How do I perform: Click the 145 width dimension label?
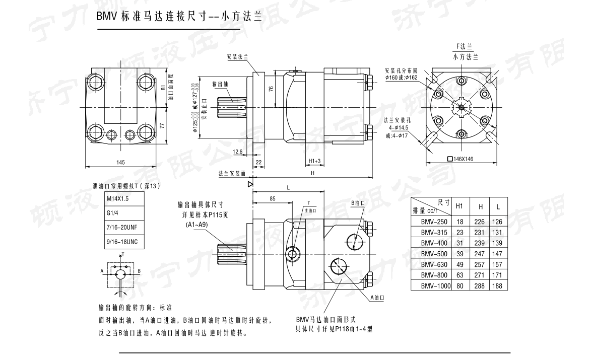[120, 162]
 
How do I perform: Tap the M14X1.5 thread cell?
[117, 199]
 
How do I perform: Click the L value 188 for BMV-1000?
[498, 285]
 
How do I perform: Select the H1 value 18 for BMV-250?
[459, 222]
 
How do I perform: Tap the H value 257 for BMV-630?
[480, 264]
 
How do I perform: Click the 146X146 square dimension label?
[463, 159]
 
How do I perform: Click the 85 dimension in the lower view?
[272, 199]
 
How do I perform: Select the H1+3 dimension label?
[315, 161]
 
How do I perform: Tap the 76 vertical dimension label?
[271, 89]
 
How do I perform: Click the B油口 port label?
[358, 203]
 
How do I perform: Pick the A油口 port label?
[377, 298]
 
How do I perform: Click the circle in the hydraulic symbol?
[120, 273]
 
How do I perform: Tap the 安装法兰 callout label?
[238, 57]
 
